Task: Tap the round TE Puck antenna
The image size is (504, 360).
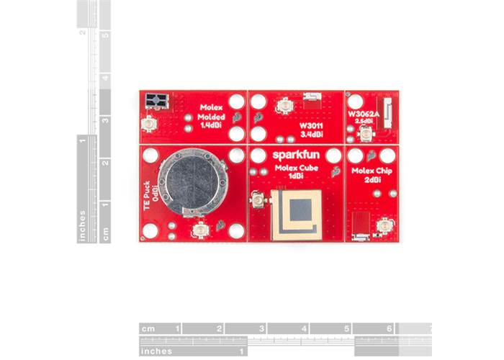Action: pos(193,181)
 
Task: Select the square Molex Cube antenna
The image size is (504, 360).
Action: pos(297,215)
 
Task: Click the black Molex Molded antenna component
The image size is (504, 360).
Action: pos(155,100)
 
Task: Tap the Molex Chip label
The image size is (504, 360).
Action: pos(372,171)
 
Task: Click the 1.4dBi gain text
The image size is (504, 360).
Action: pos(197,127)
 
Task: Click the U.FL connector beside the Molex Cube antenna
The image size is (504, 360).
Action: pos(256,202)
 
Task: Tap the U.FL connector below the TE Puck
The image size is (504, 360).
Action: pos(199,231)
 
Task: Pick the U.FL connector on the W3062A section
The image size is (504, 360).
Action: pos(365,132)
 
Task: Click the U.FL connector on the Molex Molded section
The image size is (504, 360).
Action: pos(149,125)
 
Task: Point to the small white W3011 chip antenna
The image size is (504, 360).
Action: pos(311,96)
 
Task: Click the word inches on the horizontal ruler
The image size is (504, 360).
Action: pos(157,351)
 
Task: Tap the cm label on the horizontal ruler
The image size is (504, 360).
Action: pos(148,329)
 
